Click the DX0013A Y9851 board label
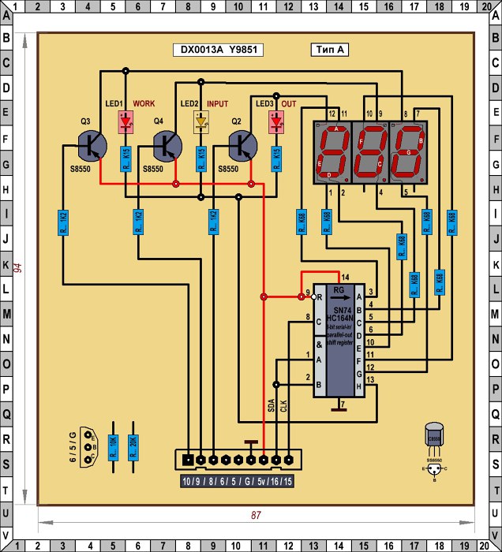click(219, 50)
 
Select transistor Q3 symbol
click(93, 147)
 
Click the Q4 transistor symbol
click(167, 147)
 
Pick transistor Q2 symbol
click(243, 147)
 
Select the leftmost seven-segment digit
click(332, 151)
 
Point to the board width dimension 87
click(256, 515)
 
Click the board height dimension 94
click(17, 267)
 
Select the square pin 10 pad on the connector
click(188, 458)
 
